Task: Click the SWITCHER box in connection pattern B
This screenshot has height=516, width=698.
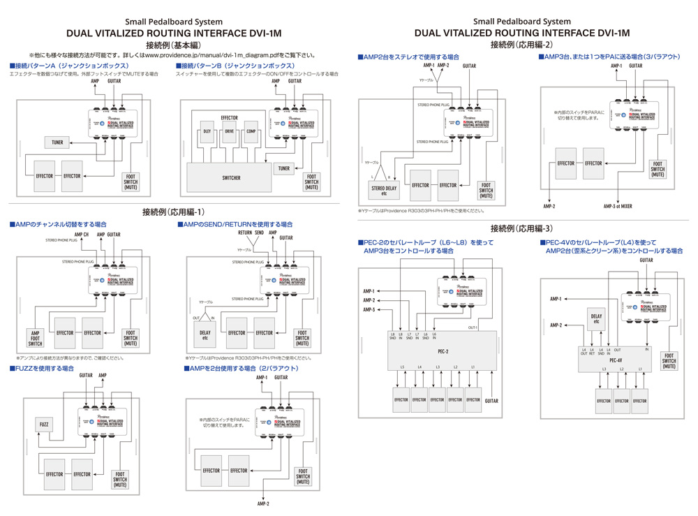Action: point(231,178)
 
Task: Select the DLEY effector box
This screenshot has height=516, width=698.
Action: point(207,131)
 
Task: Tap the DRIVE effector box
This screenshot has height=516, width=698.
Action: point(229,131)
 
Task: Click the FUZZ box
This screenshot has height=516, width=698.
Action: point(44,425)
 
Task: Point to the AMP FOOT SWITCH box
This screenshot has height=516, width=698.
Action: point(35,337)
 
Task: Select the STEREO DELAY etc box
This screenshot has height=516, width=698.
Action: point(383,190)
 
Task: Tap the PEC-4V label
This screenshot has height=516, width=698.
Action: point(616,360)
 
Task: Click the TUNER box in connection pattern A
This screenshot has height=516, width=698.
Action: point(57,142)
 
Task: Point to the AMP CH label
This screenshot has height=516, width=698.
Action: point(82,235)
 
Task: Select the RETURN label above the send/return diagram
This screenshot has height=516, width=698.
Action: point(244,232)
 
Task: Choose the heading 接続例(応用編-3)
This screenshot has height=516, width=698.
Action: point(522,228)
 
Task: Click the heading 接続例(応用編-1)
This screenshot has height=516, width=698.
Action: point(173,212)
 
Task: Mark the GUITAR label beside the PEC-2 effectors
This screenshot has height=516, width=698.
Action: point(491,401)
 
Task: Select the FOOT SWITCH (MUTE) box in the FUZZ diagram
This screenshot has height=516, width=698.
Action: point(120,478)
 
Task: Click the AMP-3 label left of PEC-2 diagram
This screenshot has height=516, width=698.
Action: point(369,309)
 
